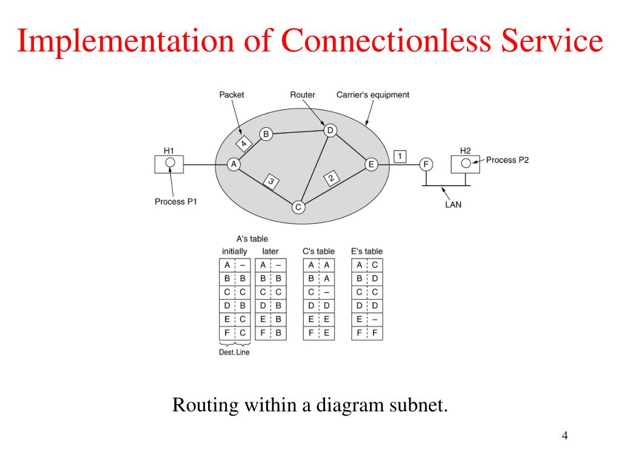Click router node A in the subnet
(x=233, y=164)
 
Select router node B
(x=266, y=134)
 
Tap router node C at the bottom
(x=298, y=208)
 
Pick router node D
(x=330, y=130)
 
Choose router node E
(x=371, y=164)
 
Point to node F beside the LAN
(x=426, y=164)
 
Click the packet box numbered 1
(x=400, y=156)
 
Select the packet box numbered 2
(x=331, y=178)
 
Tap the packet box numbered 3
(x=271, y=181)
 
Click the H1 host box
(x=170, y=163)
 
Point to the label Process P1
(x=176, y=201)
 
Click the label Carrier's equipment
(x=372, y=95)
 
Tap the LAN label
(x=453, y=204)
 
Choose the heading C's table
(x=318, y=251)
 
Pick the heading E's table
(x=367, y=251)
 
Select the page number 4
(x=565, y=436)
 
